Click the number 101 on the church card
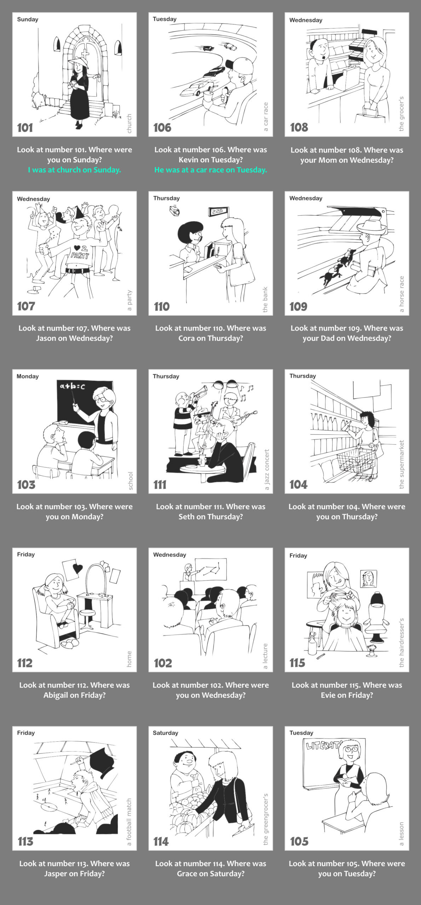click(x=25, y=127)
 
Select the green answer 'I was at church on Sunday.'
click(x=74, y=170)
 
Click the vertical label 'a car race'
click(x=266, y=117)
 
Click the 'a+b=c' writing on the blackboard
click(x=73, y=386)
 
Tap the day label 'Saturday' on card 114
click(x=165, y=733)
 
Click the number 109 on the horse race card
click(x=298, y=306)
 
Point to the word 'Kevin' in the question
click(x=188, y=159)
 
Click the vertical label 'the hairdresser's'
click(x=402, y=643)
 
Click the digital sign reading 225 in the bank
click(x=217, y=211)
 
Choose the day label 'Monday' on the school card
click(x=28, y=376)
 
